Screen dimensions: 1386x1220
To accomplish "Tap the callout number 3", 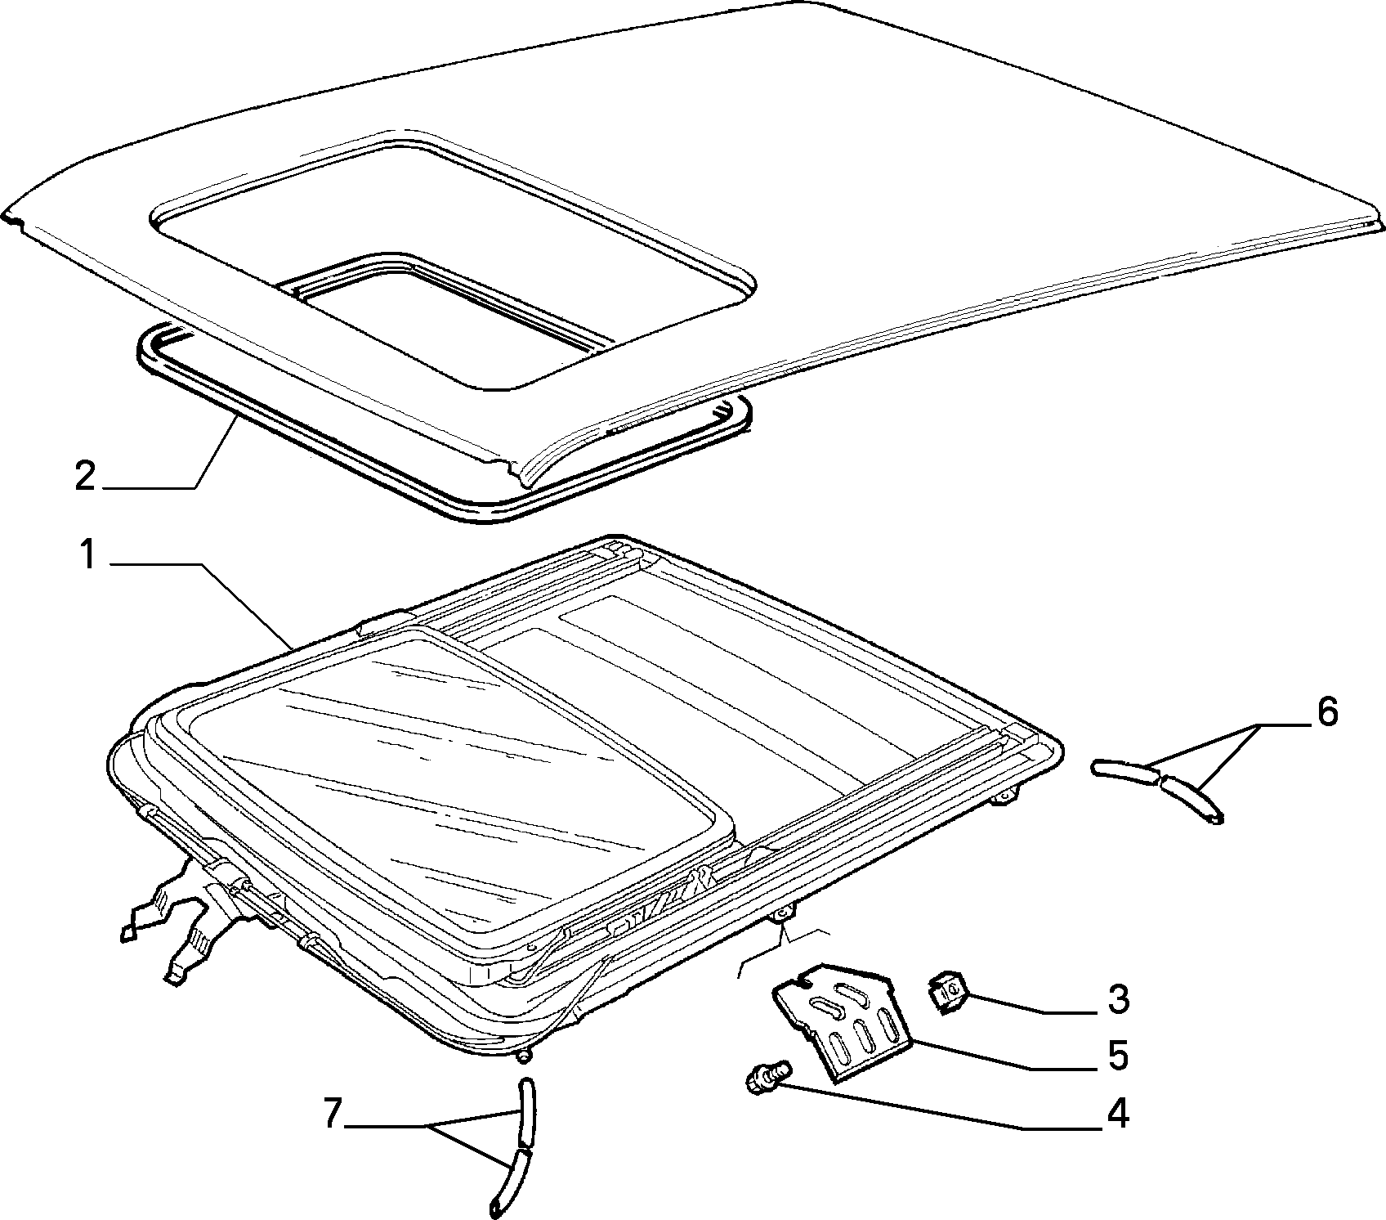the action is (1118, 999).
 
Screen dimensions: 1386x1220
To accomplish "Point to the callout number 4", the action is (1117, 1114).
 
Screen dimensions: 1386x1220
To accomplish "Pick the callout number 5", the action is (1118, 1055).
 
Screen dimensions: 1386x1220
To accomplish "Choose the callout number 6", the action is (1326, 712).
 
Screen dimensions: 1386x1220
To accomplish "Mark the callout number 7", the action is (331, 1115).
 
